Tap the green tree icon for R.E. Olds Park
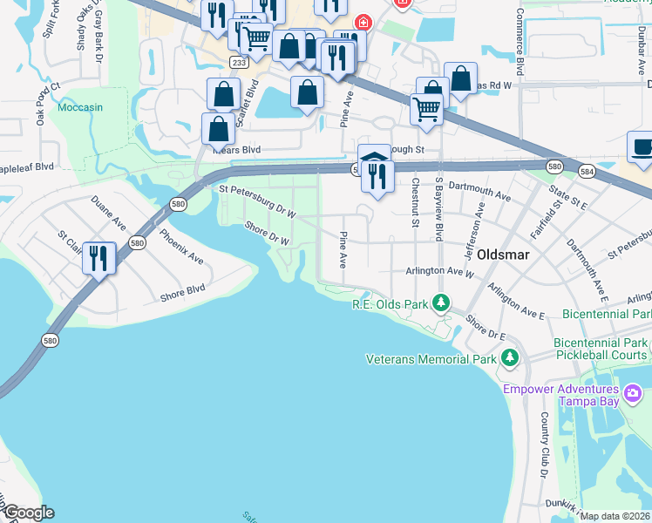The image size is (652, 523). coord(442,303)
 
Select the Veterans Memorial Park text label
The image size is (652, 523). coord(430,358)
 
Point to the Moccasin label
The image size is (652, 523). coord(80,108)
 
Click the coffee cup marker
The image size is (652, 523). coord(642,148)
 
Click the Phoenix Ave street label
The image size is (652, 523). coord(181,247)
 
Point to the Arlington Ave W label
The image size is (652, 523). coord(438,271)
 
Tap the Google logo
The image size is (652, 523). coord(28,513)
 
